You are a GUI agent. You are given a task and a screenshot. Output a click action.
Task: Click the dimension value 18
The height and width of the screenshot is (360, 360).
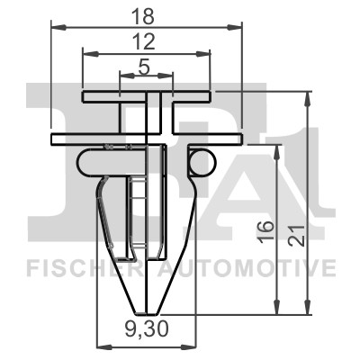pos(144,16)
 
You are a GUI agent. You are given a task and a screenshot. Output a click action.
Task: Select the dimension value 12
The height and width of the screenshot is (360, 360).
pos(145,42)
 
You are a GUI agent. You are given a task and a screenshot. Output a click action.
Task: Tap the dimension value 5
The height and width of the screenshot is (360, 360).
pos(144,67)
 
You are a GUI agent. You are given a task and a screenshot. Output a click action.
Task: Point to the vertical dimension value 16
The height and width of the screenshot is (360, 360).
pos(265,230)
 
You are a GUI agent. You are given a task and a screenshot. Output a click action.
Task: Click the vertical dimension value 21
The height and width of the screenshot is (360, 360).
pos(298,235)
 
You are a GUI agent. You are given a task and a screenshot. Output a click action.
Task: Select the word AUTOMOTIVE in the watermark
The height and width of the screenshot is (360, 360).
pos(246,268)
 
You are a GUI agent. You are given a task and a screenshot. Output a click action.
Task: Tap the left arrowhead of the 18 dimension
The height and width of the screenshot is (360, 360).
pos(58,28)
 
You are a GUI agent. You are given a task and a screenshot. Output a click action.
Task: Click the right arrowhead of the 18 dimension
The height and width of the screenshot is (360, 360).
pos(234,28)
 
